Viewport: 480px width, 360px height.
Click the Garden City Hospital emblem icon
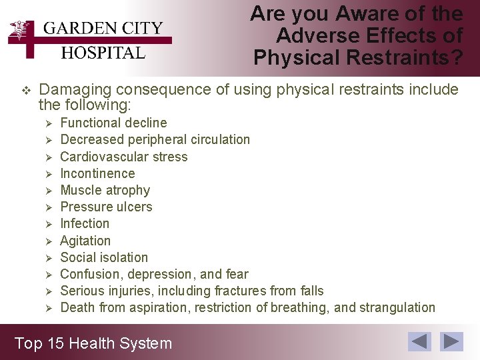(x=23, y=34)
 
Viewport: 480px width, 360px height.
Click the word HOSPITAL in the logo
(x=103, y=53)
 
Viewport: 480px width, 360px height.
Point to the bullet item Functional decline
(x=113, y=123)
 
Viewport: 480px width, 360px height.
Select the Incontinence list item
(x=97, y=173)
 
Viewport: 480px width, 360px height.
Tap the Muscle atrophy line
(x=105, y=190)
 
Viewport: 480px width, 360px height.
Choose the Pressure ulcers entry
(x=106, y=207)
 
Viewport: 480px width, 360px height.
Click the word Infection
(x=85, y=223)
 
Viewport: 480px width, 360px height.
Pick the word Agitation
(x=85, y=241)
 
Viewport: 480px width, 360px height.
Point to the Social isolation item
(x=104, y=257)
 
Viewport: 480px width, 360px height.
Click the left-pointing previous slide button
(x=420, y=341)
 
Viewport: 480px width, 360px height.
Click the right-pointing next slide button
(x=453, y=341)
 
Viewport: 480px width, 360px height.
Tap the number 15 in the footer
(x=55, y=343)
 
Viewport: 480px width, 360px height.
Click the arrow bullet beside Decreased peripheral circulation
(x=47, y=140)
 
